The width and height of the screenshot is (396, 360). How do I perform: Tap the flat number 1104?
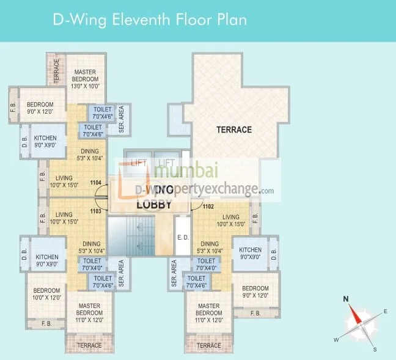tap(95, 182)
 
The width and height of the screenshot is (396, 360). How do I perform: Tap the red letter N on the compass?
tap(345, 299)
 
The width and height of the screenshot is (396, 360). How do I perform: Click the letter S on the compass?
tap(375, 349)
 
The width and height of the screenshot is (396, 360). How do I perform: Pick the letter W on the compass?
tap(335, 339)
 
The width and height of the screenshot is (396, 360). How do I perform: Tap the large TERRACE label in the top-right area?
tap(234, 130)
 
